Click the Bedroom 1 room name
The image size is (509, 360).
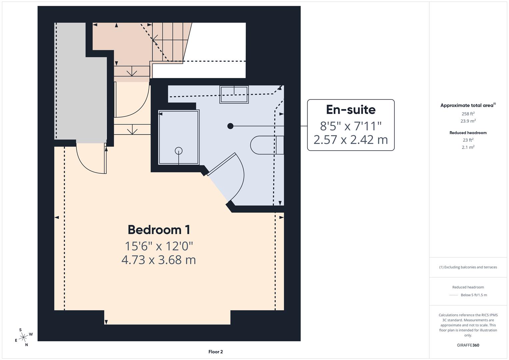point(159,230)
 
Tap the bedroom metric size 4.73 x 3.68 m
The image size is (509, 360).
point(159,260)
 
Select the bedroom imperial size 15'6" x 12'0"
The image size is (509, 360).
point(159,246)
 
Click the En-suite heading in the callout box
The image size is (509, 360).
point(351,110)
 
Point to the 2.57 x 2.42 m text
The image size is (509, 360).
point(351,140)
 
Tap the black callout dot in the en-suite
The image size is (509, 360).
point(230,126)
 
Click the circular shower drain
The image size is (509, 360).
point(179,151)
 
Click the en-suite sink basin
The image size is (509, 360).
point(234,94)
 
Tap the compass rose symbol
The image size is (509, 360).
point(23,337)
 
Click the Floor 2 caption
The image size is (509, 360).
point(215,352)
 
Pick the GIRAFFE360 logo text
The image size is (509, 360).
point(468,345)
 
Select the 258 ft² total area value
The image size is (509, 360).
point(468,114)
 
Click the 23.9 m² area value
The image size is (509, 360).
point(468,121)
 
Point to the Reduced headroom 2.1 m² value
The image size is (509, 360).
point(468,147)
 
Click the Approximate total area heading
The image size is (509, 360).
point(468,105)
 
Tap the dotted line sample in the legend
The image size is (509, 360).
point(454,295)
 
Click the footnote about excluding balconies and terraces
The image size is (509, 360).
point(468,267)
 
